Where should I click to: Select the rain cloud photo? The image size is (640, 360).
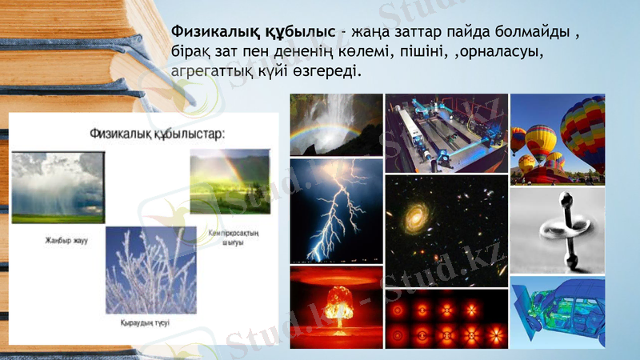click(58, 186)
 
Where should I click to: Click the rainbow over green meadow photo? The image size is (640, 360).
click(225, 186)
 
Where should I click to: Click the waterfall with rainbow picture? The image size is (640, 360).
click(335, 123)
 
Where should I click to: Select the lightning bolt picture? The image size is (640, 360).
click(335, 210)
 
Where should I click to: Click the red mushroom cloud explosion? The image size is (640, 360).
click(335, 307)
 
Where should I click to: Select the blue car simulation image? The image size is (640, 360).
click(558, 311)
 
